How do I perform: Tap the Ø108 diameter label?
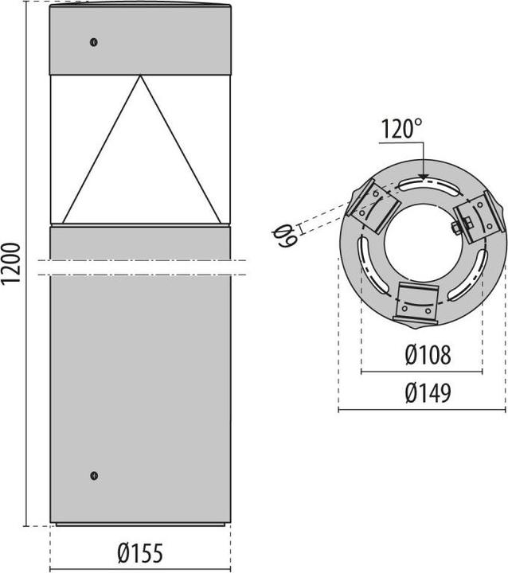click(x=427, y=356)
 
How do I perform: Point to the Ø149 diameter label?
click(x=427, y=393)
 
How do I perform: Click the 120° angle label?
click(x=401, y=129)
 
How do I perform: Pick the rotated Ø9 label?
click(x=286, y=234)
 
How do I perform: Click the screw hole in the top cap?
click(x=94, y=42)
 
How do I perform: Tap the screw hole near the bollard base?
click(x=94, y=475)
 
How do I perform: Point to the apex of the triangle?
click(x=141, y=76)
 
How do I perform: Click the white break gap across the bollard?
click(x=140, y=267)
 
